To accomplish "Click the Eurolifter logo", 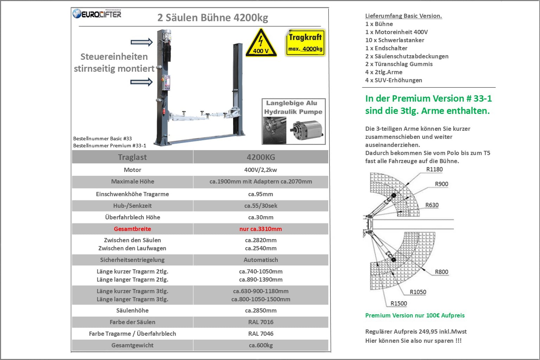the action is [x=97, y=14].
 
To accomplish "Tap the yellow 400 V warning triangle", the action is [x=261, y=43].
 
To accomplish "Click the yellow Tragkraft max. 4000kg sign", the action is [x=306, y=43].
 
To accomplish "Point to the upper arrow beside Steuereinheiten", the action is [x=142, y=42].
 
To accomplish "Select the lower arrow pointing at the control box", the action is [x=142, y=82].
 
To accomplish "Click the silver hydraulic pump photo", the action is [x=307, y=130].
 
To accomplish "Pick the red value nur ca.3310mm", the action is [x=261, y=229].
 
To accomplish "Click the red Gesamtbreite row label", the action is [x=132, y=229].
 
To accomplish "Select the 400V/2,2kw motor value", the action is [x=261, y=170].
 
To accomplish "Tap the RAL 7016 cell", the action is [x=261, y=322].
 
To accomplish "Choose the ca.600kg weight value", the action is [x=261, y=345].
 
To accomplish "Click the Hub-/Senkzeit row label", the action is [x=132, y=206].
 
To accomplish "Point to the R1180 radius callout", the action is [x=435, y=169].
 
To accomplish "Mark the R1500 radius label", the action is [x=399, y=303].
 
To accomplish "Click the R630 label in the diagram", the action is [x=432, y=205].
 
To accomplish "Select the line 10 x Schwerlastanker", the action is [x=395, y=40].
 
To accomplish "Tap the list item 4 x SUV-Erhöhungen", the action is [x=394, y=80].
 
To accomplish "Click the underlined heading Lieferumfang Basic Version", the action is [x=404, y=16].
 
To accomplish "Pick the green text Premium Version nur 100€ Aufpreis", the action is [x=415, y=315].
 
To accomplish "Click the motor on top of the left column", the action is [x=166, y=35].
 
